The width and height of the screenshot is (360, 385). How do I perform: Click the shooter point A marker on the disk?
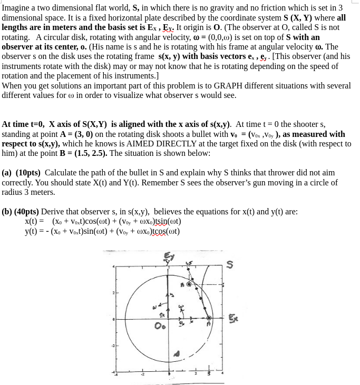coord(209,318)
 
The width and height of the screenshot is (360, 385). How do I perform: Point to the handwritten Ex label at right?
coord(233,318)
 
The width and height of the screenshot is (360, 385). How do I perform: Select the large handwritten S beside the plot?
coord(229,264)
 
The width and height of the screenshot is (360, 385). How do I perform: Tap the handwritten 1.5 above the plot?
coord(189,263)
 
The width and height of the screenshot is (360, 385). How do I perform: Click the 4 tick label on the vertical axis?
coord(113,267)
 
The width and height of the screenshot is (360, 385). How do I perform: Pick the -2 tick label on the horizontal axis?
coord(141,375)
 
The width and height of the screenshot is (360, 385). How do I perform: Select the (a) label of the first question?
coord(7,173)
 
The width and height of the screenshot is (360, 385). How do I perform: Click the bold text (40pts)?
coord(27,212)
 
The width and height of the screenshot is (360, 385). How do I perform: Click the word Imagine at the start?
coord(16,8)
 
